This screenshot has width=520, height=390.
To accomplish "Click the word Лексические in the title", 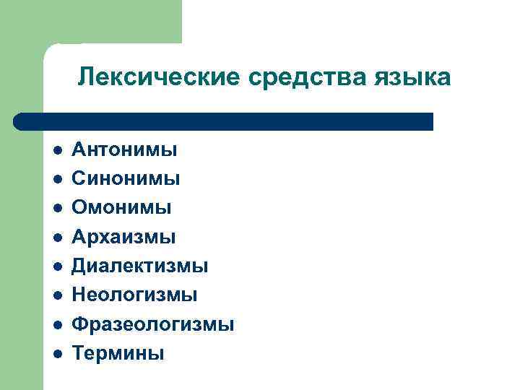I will pyautogui.click(x=157, y=77).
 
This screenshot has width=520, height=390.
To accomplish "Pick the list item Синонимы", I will pyautogui.click(x=126, y=179).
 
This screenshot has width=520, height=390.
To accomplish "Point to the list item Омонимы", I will pyautogui.click(x=121, y=208).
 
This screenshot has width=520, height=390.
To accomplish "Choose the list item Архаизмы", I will pyautogui.click(x=123, y=237).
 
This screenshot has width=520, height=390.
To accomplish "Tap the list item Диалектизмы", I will pyautogui.click(x=139, y=266).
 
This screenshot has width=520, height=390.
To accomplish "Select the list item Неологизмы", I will pyautogui.click(x=134, y=295).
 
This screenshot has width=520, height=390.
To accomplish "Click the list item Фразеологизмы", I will pyautogui.click(x=152, y=324).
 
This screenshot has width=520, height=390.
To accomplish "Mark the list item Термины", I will pyautogui.click(x=118, y=353).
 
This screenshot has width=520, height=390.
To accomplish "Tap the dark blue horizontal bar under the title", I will pyautogui.click(x=224, y=121).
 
